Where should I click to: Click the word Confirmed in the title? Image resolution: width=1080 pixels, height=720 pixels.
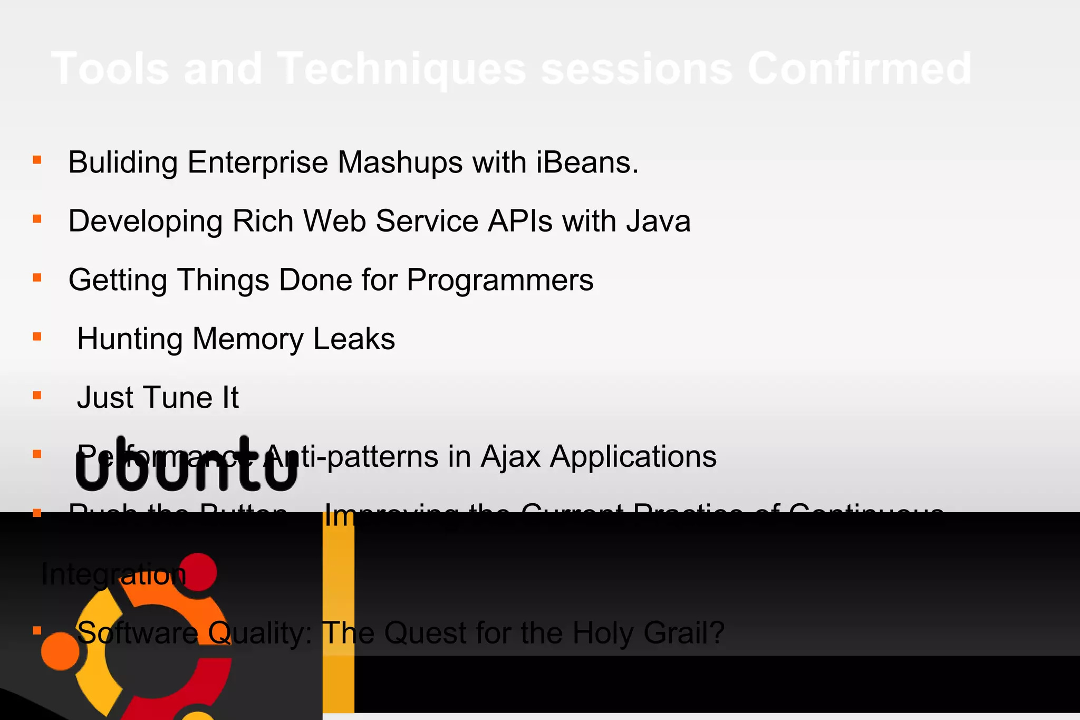pos(859,69)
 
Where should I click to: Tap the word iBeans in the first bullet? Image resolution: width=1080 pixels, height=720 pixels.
pos(587,162)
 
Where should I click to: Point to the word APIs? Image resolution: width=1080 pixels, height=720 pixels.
pos(520,221)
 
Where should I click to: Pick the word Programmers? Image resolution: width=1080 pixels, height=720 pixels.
pos(499,280)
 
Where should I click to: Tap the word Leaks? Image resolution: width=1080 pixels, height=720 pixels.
pos(354,339)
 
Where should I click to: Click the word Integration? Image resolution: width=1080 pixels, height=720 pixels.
pos(114,574)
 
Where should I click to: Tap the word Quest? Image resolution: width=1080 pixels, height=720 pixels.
pos(425,633)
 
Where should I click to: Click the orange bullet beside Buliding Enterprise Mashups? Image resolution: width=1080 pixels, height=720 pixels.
pos(37,160)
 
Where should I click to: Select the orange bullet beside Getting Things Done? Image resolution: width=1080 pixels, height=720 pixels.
pos(37,277)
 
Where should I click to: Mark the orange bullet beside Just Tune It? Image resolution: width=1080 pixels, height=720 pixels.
pos(37,395)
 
